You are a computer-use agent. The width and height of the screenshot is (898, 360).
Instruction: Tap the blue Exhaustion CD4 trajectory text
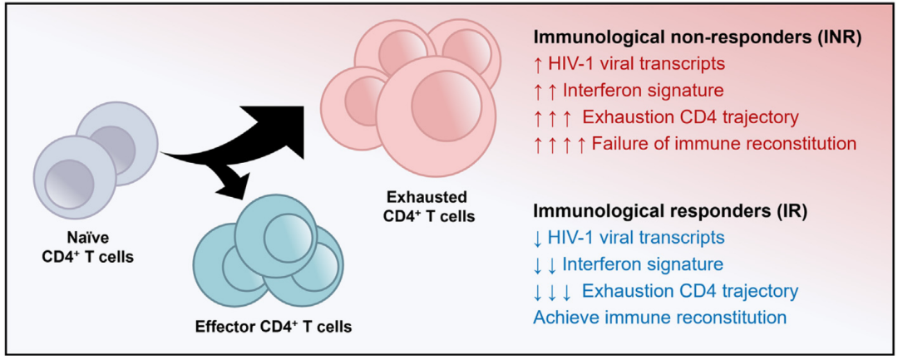690,291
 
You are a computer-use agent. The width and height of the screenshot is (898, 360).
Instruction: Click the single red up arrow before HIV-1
538,64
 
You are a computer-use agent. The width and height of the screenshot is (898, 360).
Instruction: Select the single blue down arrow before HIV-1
538,239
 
